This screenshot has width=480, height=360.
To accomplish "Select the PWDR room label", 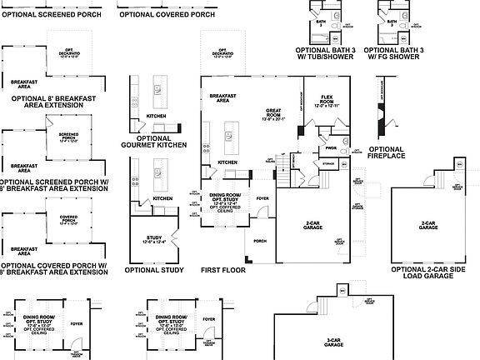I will [331, 148].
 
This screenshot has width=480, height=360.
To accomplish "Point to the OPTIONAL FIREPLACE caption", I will [386, 152].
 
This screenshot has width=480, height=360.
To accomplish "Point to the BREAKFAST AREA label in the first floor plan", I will [220, 97].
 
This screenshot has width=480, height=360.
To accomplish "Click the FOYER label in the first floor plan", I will [262, 198].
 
